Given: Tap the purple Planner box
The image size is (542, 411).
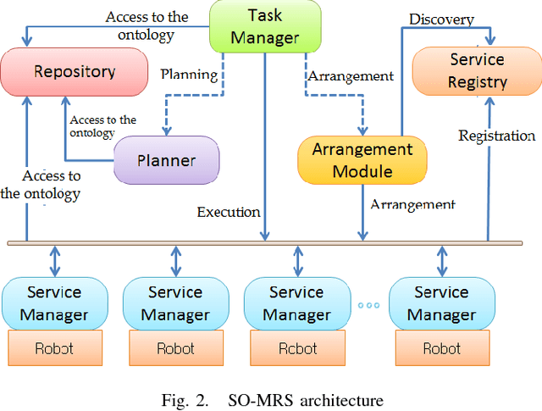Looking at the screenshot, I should click(x=167, y=160).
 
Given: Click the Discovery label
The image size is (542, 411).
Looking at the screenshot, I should click(x=441, y=19).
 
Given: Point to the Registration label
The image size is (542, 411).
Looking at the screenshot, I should click(x=497, y=136).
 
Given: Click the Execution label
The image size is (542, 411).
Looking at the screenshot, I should click(x=228, y=212).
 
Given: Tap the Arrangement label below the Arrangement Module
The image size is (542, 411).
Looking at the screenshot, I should click(x=412, y=204).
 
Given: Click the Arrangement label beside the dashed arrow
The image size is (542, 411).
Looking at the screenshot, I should click(x=351, y=75).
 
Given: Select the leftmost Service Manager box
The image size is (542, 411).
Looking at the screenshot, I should click(x=54, y=303).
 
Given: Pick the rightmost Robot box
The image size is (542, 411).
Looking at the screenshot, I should click(x=441, y=347).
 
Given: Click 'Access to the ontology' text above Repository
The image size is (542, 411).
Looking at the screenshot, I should click(x=141, y=25).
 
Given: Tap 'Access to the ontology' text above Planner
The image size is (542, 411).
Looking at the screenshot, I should click(x=102, y=126).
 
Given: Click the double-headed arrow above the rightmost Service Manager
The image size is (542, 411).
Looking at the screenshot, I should click(x=441, y=259).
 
